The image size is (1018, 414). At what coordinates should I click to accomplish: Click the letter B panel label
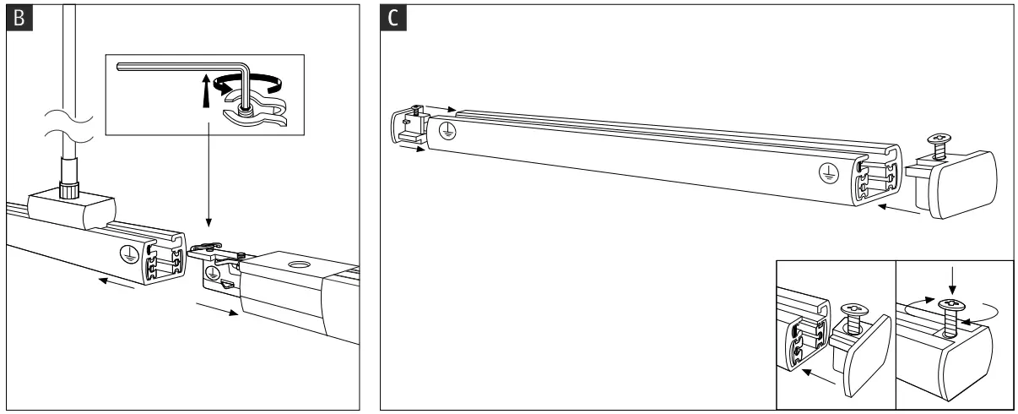(16, 19)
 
